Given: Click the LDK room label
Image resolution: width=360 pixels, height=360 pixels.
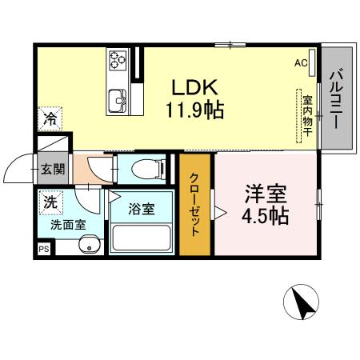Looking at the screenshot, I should pos(194,85).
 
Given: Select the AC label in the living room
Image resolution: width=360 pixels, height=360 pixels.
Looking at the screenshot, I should pos(301,62).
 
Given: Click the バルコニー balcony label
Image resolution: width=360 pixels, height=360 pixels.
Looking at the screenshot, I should pos(336,102).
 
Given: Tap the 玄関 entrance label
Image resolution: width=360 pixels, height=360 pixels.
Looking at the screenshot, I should pos(54,169).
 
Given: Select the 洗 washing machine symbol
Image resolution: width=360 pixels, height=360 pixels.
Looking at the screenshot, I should pos(50,203).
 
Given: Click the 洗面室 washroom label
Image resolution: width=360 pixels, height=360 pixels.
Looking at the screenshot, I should pos(66,226).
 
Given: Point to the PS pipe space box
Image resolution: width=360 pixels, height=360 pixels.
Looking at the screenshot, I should pos(42,250).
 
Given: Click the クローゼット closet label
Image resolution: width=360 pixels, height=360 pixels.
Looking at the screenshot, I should pos(195,207).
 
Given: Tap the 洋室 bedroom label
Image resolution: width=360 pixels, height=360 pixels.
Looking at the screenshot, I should pos(265,194).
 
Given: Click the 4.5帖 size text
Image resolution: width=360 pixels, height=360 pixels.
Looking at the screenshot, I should pos(265,216).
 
